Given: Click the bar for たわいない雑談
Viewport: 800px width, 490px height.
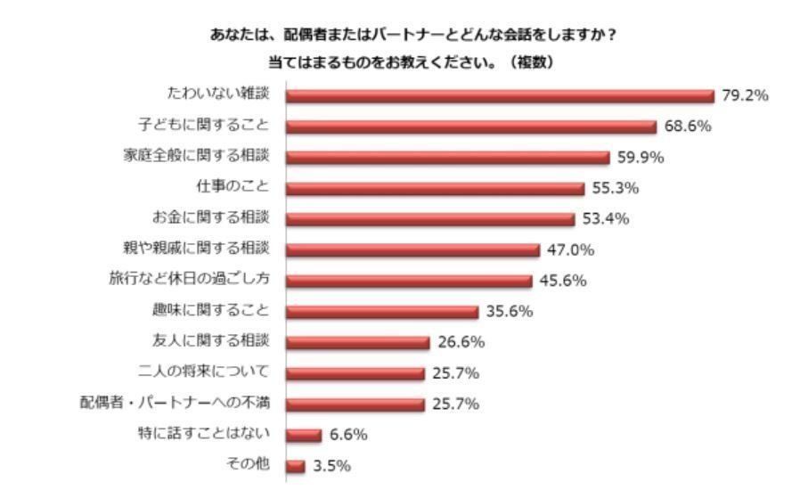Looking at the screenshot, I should click(x=499, y=96).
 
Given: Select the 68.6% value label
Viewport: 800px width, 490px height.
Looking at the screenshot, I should click(x=688, y=127).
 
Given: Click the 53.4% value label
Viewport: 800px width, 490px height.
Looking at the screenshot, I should click(x=606, y=219).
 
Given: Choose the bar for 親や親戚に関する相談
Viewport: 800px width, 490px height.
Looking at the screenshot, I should click(x=412, y=250).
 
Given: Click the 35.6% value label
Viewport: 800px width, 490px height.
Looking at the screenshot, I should click(x=509, y=312).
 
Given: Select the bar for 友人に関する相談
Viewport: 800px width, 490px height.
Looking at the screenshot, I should click(x=357, y=343).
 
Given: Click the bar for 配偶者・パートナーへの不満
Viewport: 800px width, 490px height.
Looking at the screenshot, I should click(x=355, y=404).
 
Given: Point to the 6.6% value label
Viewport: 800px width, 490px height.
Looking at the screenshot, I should click(x=348, y=435).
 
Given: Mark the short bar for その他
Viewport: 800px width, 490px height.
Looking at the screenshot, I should click(x=295, y=466).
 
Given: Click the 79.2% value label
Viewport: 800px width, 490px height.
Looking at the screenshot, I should click(x=745, y=96).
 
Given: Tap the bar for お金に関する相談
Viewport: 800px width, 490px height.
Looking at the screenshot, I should click(x=429, y=219).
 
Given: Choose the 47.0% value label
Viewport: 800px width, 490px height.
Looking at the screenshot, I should click(x=570, y=250).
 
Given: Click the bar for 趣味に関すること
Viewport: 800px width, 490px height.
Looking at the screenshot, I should click(x=381, y=312).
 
